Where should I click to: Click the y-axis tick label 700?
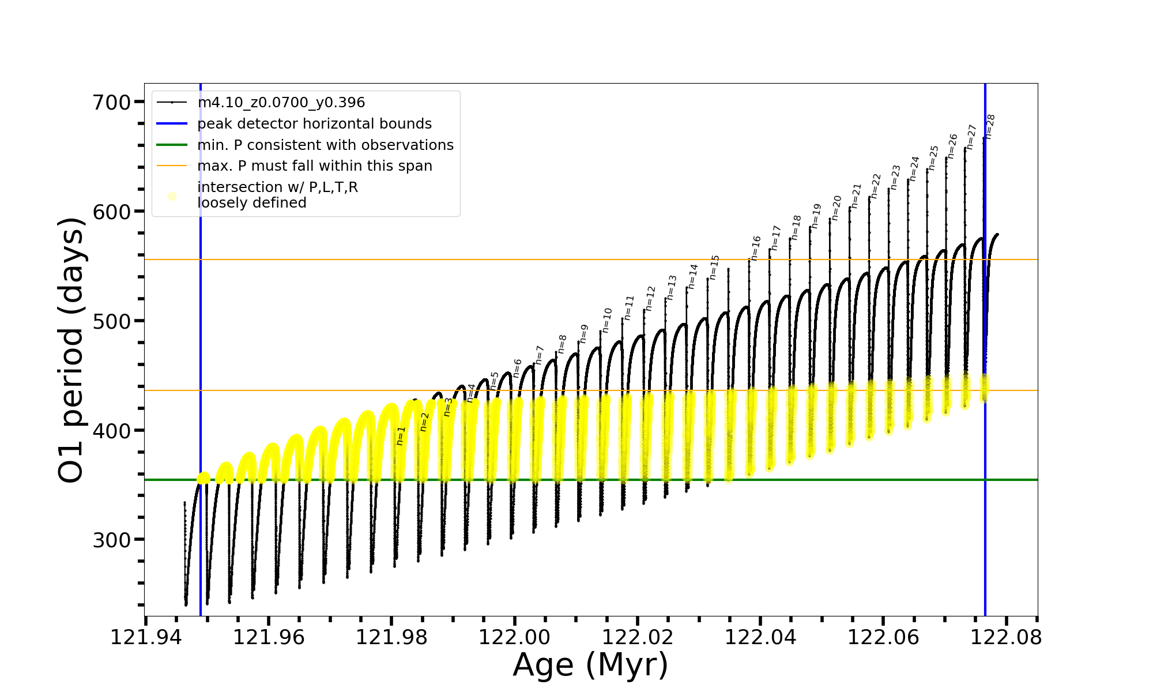112,103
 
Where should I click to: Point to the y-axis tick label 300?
112,540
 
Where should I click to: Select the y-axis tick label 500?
112,321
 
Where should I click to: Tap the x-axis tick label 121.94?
146,637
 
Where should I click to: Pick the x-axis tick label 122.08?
1006,637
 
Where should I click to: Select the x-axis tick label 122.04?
760,637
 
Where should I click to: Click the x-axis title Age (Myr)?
590,665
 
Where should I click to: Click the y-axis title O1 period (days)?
71,350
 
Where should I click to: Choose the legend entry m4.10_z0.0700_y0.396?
281,103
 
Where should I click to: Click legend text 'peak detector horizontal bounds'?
314,124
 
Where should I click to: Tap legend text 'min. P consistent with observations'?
325,145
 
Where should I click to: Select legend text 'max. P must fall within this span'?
314,166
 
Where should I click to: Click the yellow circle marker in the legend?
172,196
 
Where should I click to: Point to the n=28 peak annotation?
990,127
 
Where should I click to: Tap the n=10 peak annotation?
607,320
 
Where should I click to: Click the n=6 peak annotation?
517,368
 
